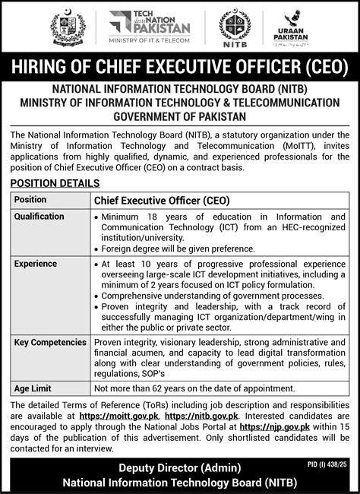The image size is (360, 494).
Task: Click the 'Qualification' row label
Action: [39, 217]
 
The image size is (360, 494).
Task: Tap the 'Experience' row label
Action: [36, 264]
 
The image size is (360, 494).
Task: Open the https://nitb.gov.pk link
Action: [201, 416]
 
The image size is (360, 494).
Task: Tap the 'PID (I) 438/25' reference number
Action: [327, 463]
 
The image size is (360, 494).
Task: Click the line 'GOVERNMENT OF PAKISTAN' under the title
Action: [180, 117]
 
